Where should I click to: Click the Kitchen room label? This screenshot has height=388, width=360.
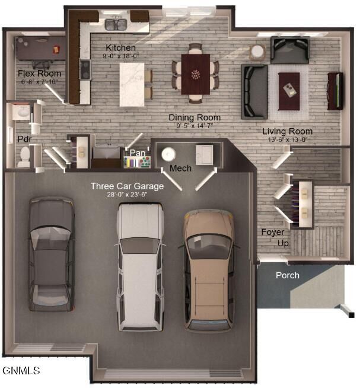(x=120, y=47)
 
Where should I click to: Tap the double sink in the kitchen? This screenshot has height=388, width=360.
(x=116, y=24)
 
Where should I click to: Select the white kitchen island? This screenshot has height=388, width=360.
(x=132, y=85)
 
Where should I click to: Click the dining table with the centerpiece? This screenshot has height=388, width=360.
(x=196, y=74)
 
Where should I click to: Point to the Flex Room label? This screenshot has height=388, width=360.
(x=39, y=73)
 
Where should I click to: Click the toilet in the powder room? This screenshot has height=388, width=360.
(x=24, y=157)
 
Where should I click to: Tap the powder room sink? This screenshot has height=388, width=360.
(x=21, y=113)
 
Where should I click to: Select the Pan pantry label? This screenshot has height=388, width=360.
(x=138, y=153)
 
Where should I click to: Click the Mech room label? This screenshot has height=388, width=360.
(x=180, y=168)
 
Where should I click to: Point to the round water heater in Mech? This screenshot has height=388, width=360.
(x=168, y=154)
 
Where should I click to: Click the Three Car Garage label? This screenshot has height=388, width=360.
(x=127, y=186)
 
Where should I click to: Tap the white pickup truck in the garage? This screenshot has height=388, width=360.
(x=140, y=267)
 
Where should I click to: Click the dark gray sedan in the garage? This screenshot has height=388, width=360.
(x=52, y=254)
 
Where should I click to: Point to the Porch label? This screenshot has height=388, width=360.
(x=288, y=275)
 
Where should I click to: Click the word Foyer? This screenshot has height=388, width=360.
(x=273, y=232)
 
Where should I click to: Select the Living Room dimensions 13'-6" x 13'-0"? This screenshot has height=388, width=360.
(x=288, y=139)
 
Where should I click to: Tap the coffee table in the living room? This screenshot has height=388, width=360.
(x=289, y=91)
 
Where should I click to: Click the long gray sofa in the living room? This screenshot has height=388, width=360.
(x=254, y=91)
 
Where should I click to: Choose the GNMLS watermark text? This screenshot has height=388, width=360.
(x=21, y=370)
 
